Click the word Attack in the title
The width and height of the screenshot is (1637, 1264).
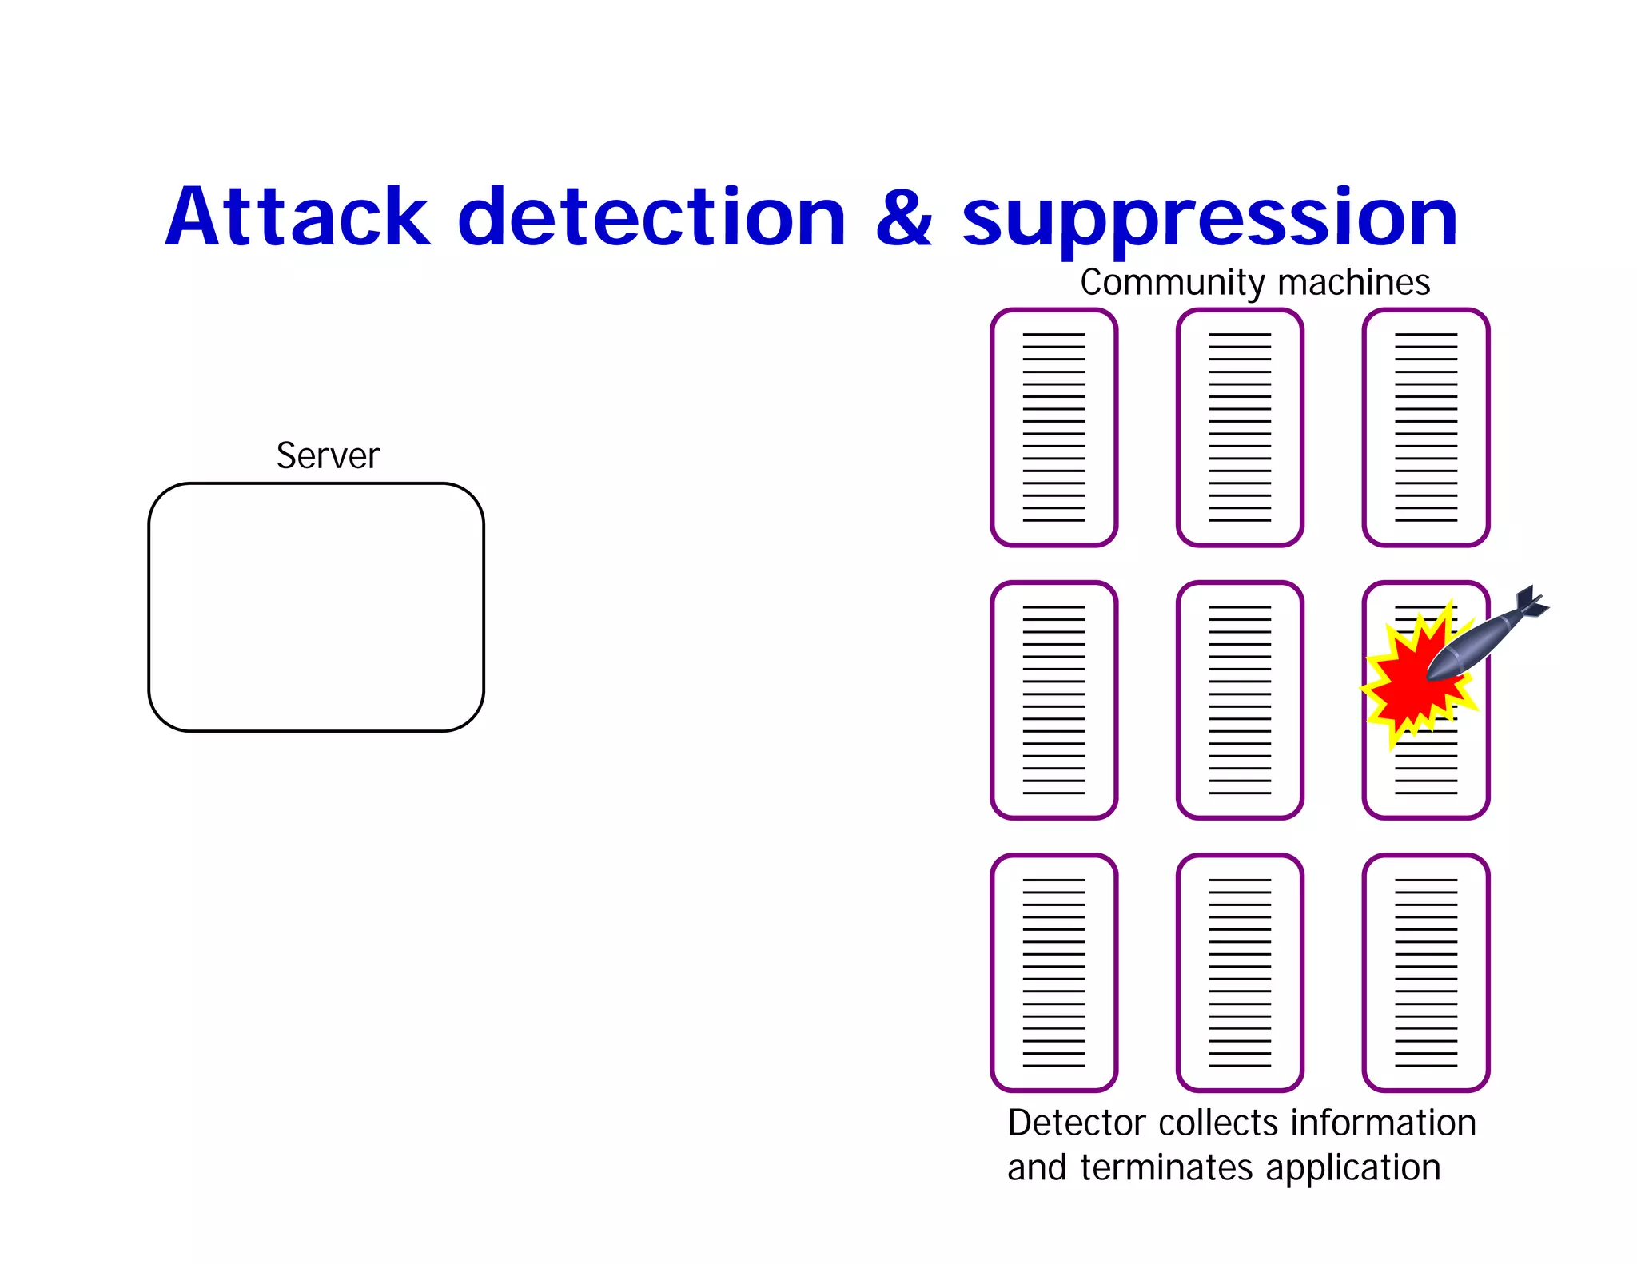297,217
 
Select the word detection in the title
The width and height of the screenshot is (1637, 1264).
651,217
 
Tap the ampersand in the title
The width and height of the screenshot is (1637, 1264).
903,219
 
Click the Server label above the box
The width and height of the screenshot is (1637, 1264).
328,456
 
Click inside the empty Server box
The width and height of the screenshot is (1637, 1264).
316,607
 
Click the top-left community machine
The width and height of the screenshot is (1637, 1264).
1053,427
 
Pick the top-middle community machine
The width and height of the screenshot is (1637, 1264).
1240,427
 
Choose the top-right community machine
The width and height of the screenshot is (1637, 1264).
1426,427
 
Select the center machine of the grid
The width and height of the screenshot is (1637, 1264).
1240,700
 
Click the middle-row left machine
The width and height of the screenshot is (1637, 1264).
1053,700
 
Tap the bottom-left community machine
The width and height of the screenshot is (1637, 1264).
1053,972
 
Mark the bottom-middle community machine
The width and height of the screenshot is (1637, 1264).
1240,972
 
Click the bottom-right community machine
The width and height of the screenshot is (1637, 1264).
1426,972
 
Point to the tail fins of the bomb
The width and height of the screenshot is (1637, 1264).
1531,602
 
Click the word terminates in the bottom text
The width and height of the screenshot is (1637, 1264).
1167,1168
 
